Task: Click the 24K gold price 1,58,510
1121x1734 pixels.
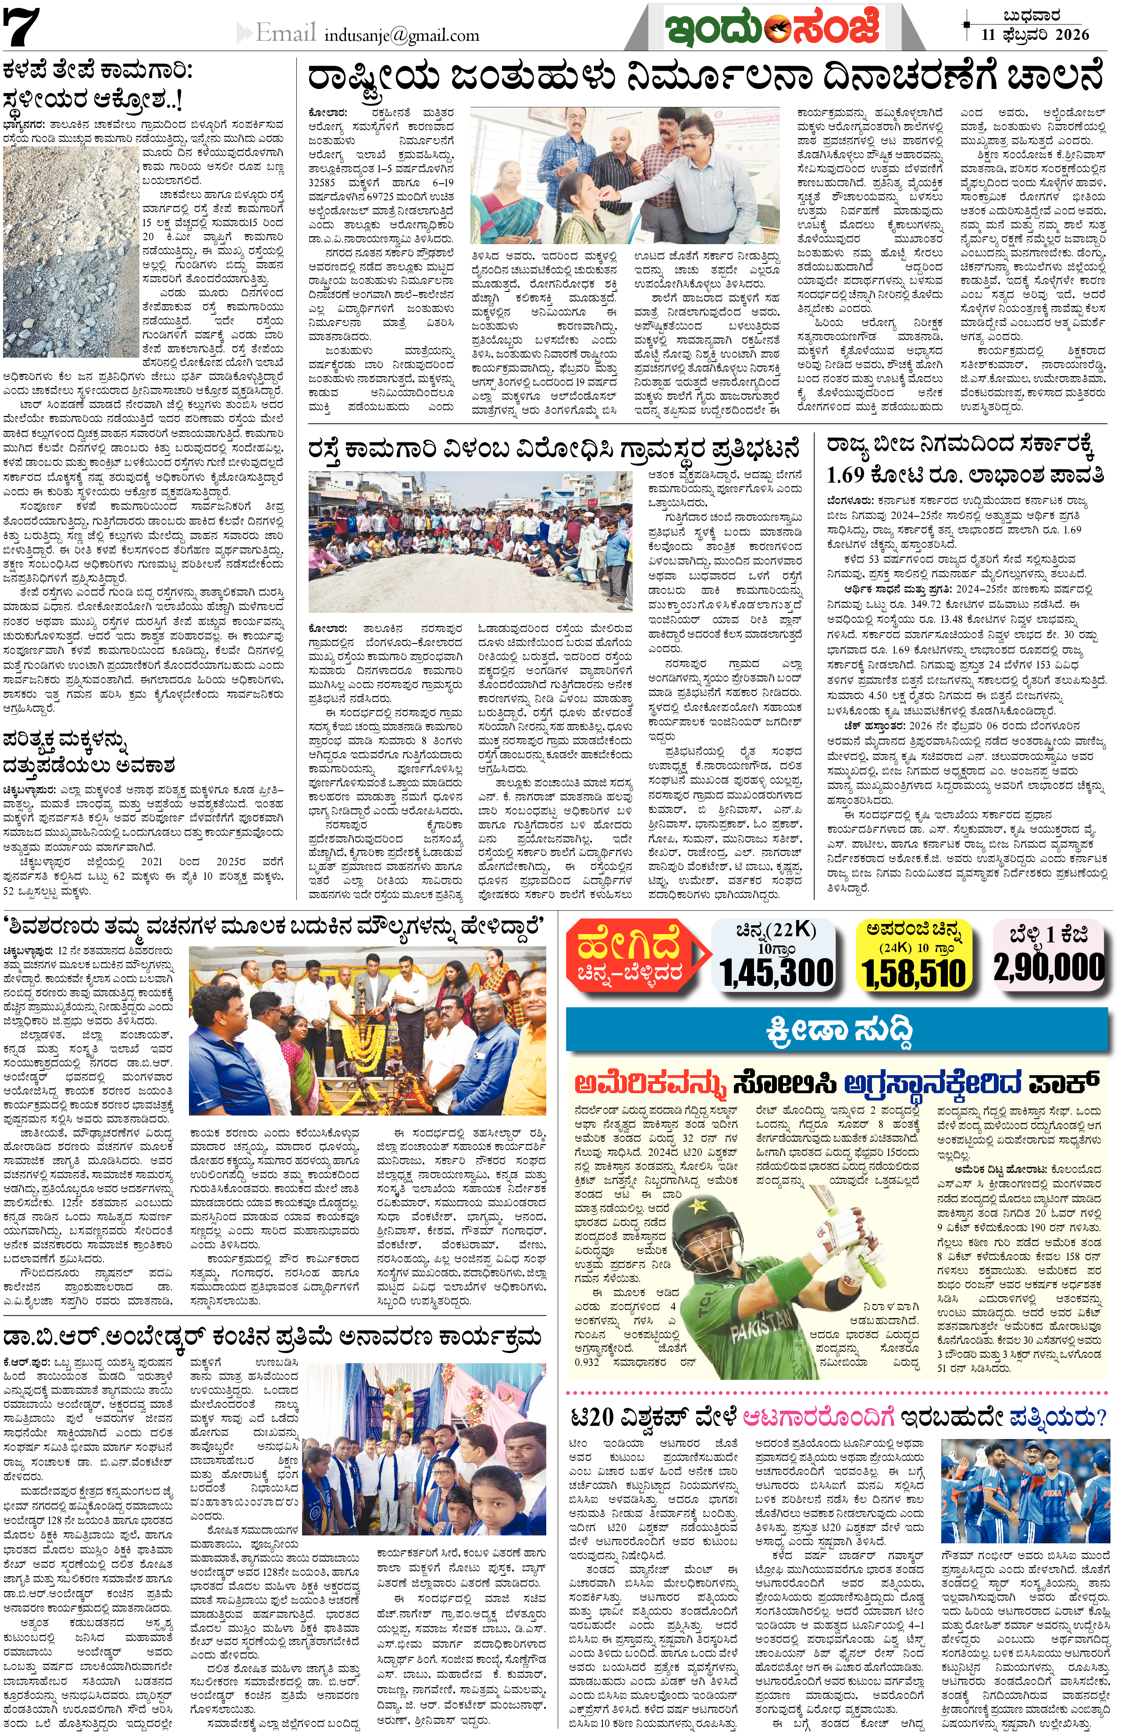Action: click(914, 974)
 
